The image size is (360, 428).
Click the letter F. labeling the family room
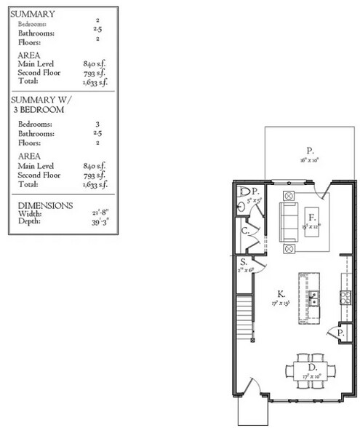pyautogui.click(x=311, y=218)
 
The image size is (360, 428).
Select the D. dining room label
pyautogui.click(x=311, y=368)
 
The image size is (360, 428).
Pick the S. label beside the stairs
pyautogui.click(x=244, y=261)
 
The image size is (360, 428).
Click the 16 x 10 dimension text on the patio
pyautogui.click(x=308, y=159)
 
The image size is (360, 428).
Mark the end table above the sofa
pyautogui.click(x=287, y=196)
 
